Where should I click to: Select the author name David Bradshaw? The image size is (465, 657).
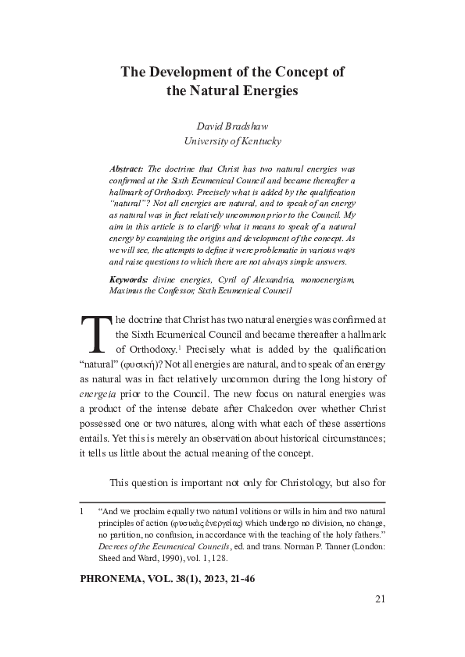click(232, 126)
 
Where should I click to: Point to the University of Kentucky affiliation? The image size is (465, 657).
click(232, 141)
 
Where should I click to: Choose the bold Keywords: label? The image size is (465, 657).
click(129, 279)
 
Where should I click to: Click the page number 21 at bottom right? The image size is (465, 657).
click(380, 599)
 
